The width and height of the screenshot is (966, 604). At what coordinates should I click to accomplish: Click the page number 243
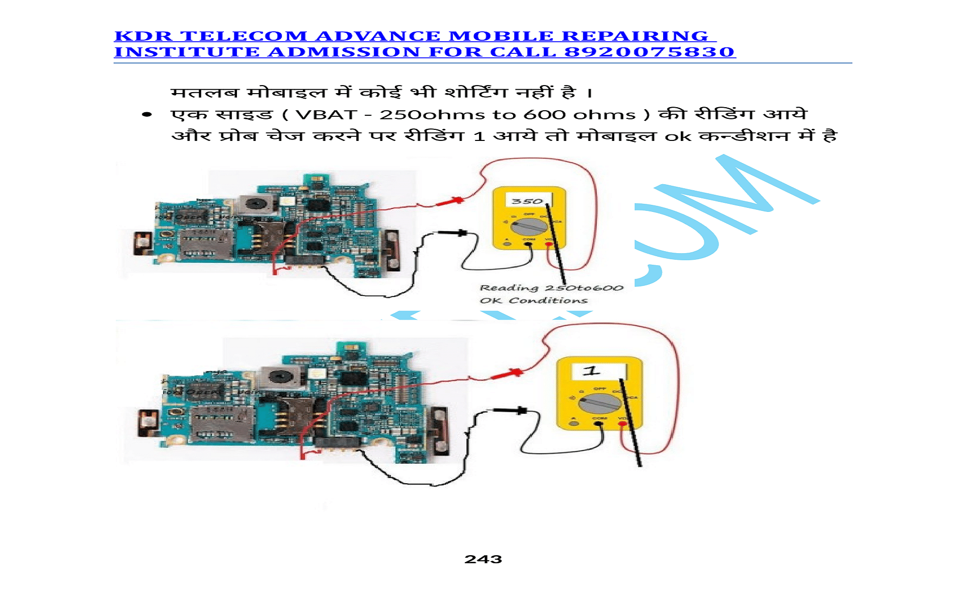click(x=483, y=559)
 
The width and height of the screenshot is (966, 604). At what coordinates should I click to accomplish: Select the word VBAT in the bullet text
click(x=326, y=115)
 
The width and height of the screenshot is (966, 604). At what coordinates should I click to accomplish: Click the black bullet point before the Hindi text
click(x=147, y=115)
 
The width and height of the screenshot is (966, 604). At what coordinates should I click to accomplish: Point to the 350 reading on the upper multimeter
click(x=527, y=201)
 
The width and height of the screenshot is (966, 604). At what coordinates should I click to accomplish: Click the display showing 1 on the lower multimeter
click(x=599, y=371)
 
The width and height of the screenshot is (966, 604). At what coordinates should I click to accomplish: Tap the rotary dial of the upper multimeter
click(x=529, y=226)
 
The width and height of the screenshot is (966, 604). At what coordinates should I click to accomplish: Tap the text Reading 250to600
click(x=551, y=288)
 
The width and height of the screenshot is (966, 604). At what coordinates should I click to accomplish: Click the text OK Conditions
click(x=533, y=300)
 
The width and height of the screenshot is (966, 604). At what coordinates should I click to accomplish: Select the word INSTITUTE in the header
click(x=187, y=52)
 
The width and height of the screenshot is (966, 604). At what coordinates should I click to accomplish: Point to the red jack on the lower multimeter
click(x=623, y=424)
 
